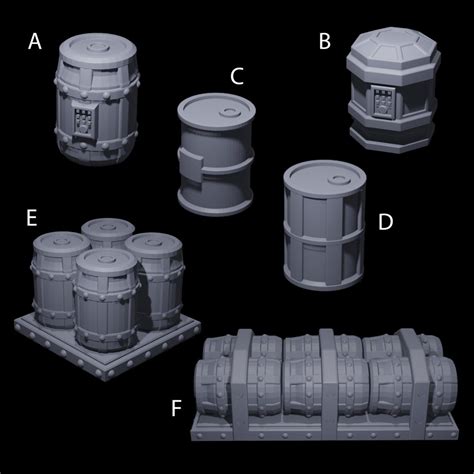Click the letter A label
(x=35, y=42)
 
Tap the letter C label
(x=237, y=76)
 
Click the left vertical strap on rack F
(x=240, y=380)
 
